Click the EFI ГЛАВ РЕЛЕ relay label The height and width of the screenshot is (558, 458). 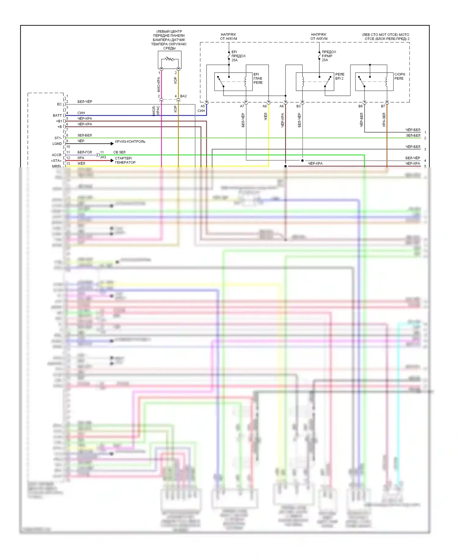point(258,78)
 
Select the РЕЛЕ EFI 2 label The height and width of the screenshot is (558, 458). point(340,76)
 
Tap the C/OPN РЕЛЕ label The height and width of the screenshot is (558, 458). point(399,76)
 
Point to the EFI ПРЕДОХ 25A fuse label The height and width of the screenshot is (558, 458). point(238,56)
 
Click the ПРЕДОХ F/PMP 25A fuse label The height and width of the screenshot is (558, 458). point(329,56)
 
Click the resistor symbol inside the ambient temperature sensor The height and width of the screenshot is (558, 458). point(169,59)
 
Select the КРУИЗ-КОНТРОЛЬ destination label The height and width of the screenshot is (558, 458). point(130,142)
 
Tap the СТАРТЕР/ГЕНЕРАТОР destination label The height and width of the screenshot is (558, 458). point(125,160)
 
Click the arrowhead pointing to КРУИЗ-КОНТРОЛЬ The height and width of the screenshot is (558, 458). point(112,143)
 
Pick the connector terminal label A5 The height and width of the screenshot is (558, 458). point(202,106)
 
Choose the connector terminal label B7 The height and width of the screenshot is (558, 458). point(383,106)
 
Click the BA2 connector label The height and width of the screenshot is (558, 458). point(183,96)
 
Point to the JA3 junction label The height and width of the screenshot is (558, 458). point(103,157)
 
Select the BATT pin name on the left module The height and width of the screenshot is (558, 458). point(57,115)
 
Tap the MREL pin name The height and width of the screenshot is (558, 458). point(56,166)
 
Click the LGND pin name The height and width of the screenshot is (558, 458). point(57,143)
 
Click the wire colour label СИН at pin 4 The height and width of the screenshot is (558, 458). point(81,113)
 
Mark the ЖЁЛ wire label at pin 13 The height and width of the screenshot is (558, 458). point(81,164)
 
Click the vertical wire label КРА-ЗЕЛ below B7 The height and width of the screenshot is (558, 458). point(384,120)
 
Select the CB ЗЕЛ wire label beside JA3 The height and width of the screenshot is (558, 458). point(119,152)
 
